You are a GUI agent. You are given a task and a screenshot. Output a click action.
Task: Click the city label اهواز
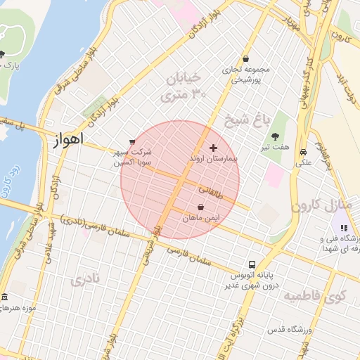tap(68, 139)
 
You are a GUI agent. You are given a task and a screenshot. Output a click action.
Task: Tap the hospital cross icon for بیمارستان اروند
tap(214, 148)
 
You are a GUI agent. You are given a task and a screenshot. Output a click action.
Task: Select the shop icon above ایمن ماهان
tap(202, 207)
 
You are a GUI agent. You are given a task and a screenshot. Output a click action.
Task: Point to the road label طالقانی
tap(212, 190)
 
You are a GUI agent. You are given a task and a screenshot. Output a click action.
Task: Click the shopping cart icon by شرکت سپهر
tap(132, 141)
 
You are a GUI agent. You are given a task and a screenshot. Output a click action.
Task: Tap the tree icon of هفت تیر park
tap(274, 136)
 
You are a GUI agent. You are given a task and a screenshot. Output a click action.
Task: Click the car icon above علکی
tap(302, 152)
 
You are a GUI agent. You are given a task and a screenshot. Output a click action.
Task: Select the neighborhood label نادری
tap(85, 281)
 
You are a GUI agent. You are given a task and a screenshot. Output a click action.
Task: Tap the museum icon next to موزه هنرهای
tap(5, 297)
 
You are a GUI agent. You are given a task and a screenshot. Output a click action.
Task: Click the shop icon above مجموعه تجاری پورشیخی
tap(245, 59)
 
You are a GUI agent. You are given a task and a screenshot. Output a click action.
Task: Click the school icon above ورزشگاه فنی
tap(344, 227)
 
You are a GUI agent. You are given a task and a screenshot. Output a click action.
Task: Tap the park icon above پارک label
tap(3, 54)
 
